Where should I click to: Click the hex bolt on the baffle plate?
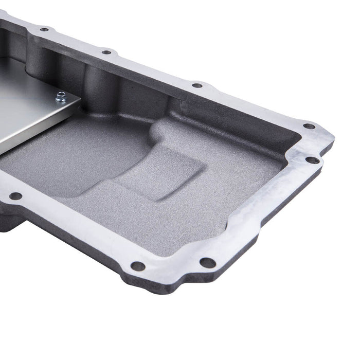(61, 96)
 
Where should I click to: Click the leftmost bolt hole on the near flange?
(15, 196)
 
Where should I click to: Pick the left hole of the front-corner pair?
(138, 266)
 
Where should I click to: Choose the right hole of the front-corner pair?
(207, 263)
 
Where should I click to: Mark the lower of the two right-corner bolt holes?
(312, 160)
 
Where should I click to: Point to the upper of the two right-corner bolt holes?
(309, 126)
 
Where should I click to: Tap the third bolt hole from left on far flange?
(197, 85)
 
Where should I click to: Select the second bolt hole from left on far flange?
(106, 52)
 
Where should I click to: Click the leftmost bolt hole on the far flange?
(44, 29)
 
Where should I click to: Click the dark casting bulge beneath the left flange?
(10, 221)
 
